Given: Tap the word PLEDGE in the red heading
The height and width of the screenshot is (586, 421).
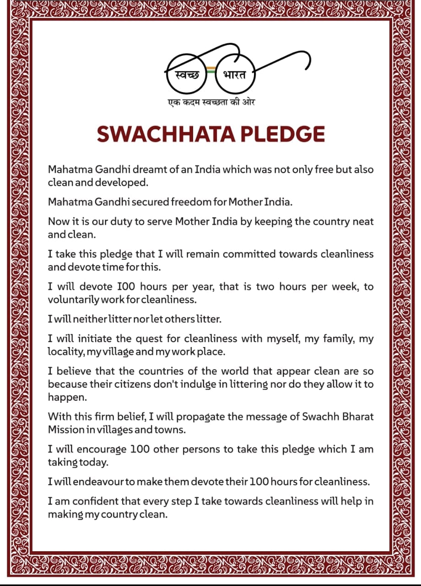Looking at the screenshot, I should (283, 134).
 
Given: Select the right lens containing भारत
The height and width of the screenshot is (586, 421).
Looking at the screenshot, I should (235, 74).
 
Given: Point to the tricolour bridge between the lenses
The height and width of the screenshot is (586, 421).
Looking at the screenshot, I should (210, 70).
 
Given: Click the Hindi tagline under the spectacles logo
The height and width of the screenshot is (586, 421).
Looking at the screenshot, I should (210, 102).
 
